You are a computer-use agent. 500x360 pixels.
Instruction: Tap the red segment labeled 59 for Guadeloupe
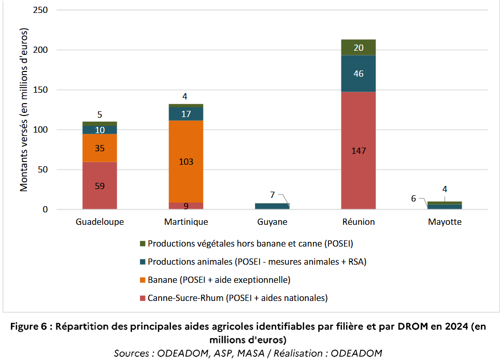[99, 185]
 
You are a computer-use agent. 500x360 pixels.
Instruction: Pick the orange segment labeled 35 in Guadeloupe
[99, 148]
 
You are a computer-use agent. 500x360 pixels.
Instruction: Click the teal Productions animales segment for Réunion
[358, 74]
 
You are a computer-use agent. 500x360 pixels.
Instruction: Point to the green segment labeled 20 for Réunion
[358, 48]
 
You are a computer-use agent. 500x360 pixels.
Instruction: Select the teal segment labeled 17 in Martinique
[185, 113]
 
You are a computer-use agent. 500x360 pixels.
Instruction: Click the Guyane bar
[272, 206]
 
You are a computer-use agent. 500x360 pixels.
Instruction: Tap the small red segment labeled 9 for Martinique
[185, 206]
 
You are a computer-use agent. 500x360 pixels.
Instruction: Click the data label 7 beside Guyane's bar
[272, 195]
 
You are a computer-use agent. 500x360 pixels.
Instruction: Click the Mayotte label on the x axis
[445, 222]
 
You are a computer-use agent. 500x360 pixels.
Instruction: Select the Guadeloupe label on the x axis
[99, 222]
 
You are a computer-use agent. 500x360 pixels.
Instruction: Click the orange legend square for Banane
[142, 280]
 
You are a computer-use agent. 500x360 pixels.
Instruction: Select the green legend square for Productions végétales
[142, 243]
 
